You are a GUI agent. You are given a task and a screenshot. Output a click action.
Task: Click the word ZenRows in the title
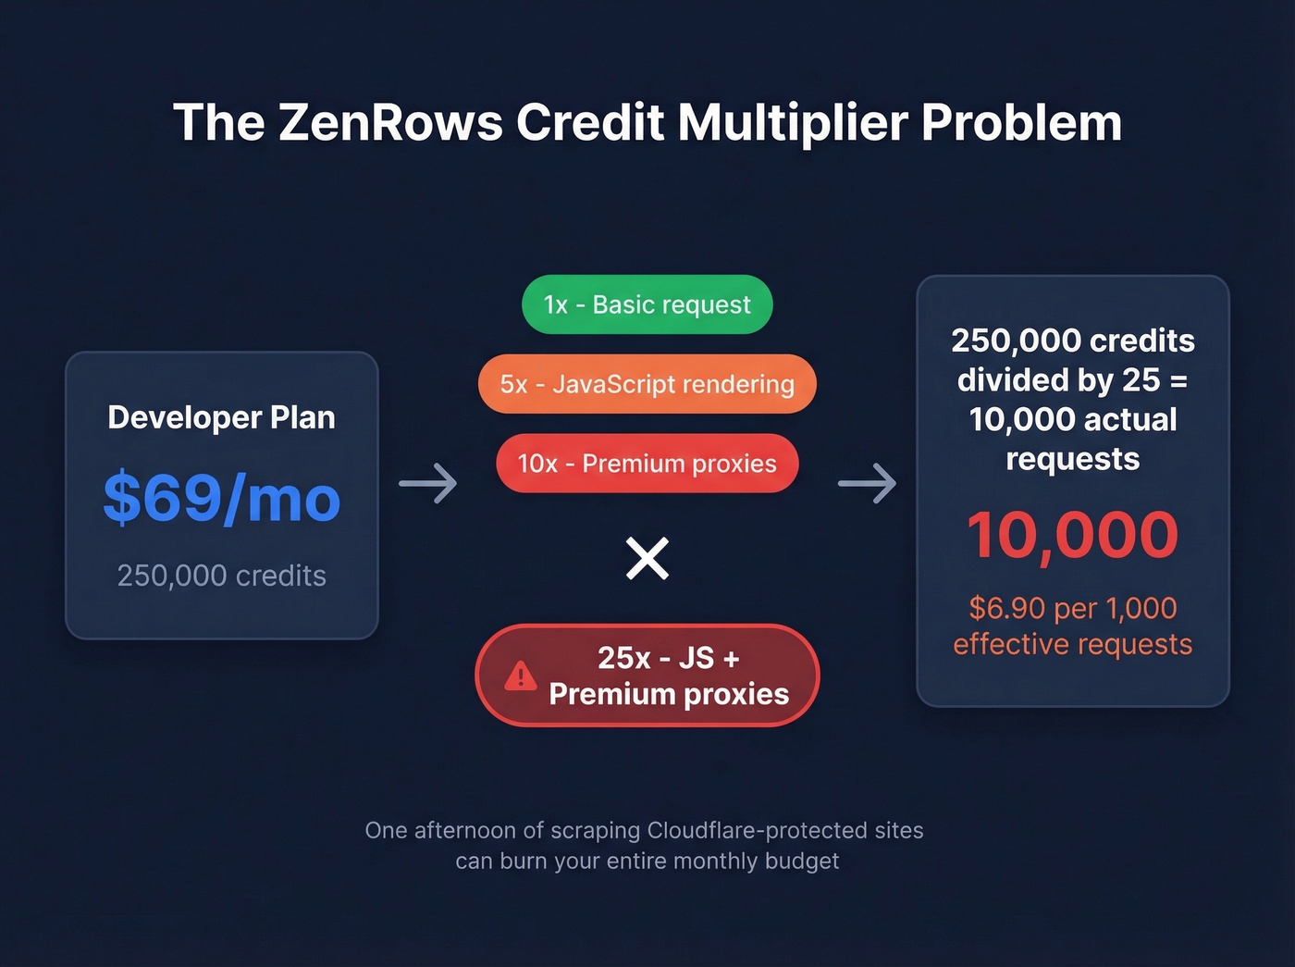pyautogui.click(x=389, y=122)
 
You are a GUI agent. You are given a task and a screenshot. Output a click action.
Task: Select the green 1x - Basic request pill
pyautogui.click(x=647, y=304)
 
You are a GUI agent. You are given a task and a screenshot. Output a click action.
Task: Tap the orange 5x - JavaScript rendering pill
pyautogui.click(x=647, y=384)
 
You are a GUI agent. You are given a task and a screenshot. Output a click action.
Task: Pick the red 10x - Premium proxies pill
pyautogui.click(x=647, y=464)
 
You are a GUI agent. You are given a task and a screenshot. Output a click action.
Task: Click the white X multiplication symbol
pyautogui.click(x=647, y=558)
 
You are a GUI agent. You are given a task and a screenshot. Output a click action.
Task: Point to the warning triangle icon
pyautogui.click(x=521, y=676)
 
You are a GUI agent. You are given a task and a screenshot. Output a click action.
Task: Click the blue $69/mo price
pyautogui.click(x=222, y=498)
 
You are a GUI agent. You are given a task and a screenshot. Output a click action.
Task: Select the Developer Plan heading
pyautogui.click(x=222, y=417)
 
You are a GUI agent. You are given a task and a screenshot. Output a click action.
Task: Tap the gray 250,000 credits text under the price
pyautogui.click(x=222, y=576)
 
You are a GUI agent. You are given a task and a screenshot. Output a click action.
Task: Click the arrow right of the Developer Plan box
pyautogui.click(x=428, y=483)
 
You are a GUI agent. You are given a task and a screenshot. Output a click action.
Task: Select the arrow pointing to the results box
pyautogui.click(x=867, y=483)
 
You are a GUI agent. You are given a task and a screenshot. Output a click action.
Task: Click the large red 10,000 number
pyautogui.click(x=1072, y=535)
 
